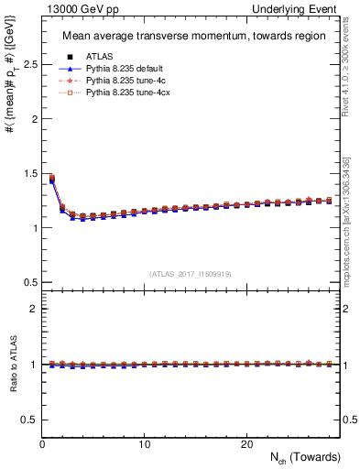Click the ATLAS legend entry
(101, 57)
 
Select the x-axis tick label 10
(145, 444)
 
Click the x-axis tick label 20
(246, 444)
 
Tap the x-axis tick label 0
(43, 444)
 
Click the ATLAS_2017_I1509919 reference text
(190, 274)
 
